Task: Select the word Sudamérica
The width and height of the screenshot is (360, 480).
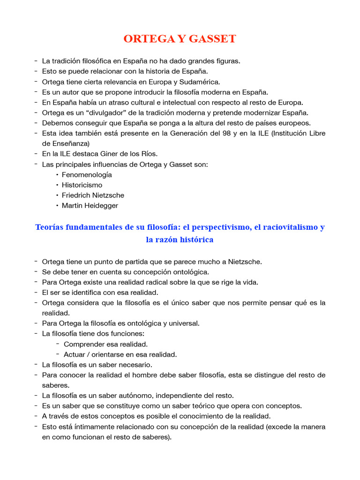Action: [x=199, y=82]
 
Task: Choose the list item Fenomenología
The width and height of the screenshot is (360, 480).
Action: [x=87, y=174]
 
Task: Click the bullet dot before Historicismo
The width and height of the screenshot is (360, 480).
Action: [x=57, y=185]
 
